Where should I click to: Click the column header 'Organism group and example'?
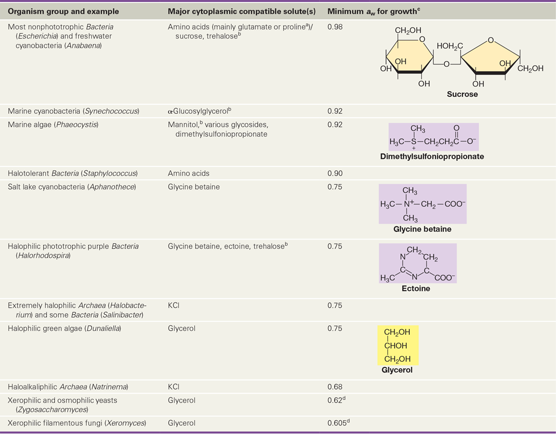click(63, 12)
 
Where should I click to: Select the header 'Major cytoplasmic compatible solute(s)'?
click(241, 12)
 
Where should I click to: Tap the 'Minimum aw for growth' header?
click(374, 12)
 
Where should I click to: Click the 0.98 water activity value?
click(335, 27)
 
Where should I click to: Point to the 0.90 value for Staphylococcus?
click(335, 173)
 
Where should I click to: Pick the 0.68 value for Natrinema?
click(335, 387)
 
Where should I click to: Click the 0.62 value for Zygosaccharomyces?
click(337, 400)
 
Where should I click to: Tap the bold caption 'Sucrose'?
click(462, 94)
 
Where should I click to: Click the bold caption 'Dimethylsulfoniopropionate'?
click(432, 156)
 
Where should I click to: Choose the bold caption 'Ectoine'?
click(416, 289)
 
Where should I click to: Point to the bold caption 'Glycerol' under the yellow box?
click(397, 370)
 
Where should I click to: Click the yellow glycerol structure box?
click(398, 345)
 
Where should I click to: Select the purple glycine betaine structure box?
click(423, 203)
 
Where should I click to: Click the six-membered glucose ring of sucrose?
click(410, 57)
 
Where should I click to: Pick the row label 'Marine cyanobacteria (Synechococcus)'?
click(74, 111)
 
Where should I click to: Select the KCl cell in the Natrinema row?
click(174, 387)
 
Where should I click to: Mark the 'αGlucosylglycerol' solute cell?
click(200, 111)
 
